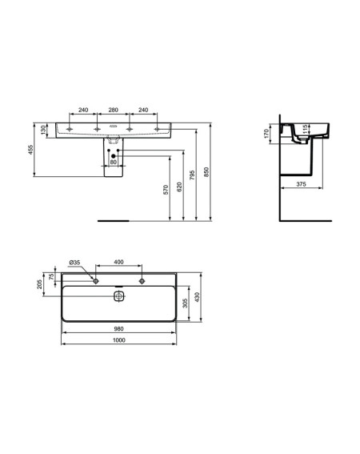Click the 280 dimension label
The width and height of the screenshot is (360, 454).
(x=113, y=110)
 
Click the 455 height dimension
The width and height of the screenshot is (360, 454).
(x=30, y=150)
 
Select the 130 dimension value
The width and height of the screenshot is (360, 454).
(x=43, y=130)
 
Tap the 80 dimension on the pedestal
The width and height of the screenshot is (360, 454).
(x=113, y=162)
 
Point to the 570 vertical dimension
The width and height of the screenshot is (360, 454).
(x=166, y=190)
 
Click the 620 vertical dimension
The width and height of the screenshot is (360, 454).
(x=179, y=187)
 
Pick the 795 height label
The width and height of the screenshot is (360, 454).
(x=193, y=175)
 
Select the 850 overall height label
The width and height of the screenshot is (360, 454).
(x=206, y=171)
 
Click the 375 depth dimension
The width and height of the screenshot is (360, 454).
(x=301, y=184)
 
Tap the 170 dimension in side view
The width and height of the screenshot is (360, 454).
(x=266, y=134)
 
